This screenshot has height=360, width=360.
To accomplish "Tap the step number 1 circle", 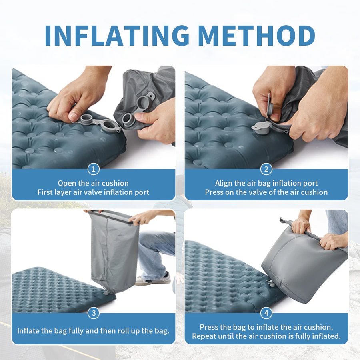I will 93,169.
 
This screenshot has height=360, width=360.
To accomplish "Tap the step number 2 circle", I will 266,169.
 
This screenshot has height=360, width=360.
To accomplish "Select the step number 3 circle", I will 93,313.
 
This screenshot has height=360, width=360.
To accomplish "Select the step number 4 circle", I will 266,313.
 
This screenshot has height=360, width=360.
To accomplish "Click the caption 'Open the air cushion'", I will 93,183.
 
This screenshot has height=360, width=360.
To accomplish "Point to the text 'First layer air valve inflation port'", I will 93,192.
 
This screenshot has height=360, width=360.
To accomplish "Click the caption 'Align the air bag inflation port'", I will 266,183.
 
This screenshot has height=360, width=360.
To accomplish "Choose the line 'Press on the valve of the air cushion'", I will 266,192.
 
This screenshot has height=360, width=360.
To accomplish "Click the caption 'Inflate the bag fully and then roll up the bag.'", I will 93,331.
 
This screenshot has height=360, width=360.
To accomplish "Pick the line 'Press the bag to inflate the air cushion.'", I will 266,327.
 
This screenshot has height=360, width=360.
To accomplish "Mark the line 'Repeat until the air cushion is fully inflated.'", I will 266,336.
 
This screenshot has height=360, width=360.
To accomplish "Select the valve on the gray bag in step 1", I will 129,118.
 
